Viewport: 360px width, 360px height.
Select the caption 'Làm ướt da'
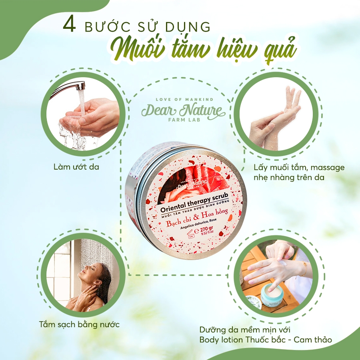pyautogui.click(x=76, y=166)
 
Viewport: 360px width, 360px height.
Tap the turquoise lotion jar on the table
pyautogui.click(x=272, y=296)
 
